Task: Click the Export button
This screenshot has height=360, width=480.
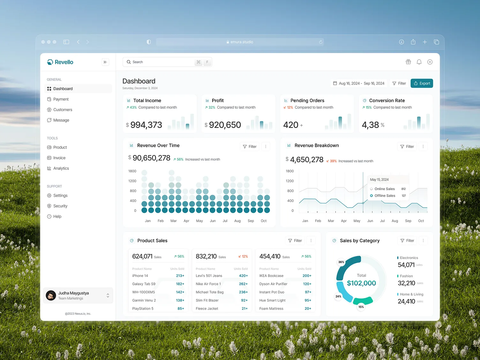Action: tap(422, 83)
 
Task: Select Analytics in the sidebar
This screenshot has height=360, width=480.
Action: tap(61, 169)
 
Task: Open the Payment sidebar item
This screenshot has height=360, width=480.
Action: tap(61, 99)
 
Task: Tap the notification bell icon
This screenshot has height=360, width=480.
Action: tap(419, 62)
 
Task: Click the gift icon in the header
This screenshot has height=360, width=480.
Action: tap(408, 62)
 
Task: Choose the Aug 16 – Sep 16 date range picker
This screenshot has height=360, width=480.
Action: tap(358, 83)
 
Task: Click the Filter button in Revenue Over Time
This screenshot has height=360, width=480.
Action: tap(250, 146)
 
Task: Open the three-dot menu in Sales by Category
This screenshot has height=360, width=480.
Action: tap(423, 241)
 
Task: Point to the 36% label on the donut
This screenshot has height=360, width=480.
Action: tap(341, 262)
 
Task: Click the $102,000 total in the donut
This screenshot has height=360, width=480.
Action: tap(361, 283)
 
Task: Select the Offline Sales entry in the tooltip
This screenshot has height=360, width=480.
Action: tap(385, 196)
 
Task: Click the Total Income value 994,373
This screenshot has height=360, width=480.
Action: tap(146, 125)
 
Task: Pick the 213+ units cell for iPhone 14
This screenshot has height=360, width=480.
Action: tap(180, 276)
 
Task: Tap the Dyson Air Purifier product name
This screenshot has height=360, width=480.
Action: tap(273, 284)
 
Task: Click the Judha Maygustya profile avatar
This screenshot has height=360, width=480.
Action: tap(51, 296)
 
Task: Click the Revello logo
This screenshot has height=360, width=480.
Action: tap(60, 62)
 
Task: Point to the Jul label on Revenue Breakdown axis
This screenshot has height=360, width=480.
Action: tap(382, 221)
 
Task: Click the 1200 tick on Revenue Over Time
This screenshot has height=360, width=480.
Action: tap(132, 181)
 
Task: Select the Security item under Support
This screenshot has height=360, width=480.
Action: tap(60, 206)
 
